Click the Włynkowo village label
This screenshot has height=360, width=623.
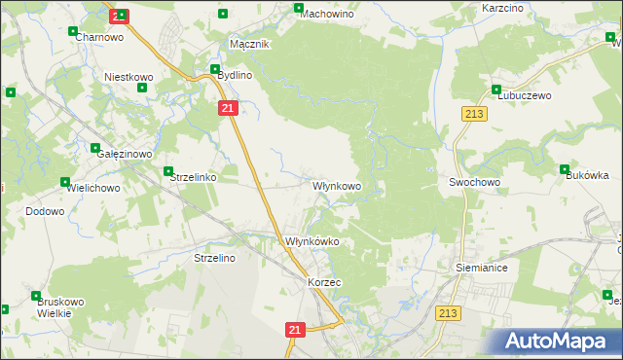(337, 185)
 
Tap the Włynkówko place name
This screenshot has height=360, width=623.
(311, 241)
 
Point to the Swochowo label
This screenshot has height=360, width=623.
(474, 182)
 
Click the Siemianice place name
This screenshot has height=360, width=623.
(481, 266)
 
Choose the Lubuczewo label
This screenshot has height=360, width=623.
(525, 96)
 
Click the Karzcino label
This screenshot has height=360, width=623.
(503, 8)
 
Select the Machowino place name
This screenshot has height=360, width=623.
(327, 15)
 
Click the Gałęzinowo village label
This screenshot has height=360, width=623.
(122, 154)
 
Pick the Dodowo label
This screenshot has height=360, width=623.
(44, 211)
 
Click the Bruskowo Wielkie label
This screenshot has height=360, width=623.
(55, 307)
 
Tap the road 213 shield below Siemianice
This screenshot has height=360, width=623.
(448, 312)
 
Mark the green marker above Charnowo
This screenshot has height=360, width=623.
(73, 31)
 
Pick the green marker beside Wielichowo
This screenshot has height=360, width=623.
(65, 182)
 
